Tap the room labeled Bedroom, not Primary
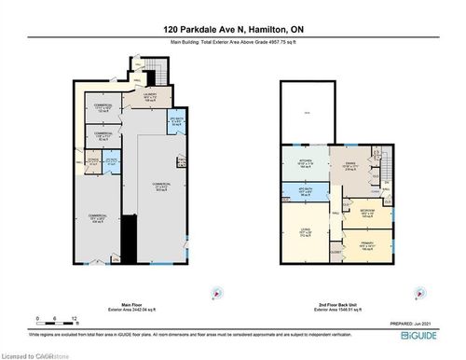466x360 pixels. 366,211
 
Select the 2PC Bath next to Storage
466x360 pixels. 111,160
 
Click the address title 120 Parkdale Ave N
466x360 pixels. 233,28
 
